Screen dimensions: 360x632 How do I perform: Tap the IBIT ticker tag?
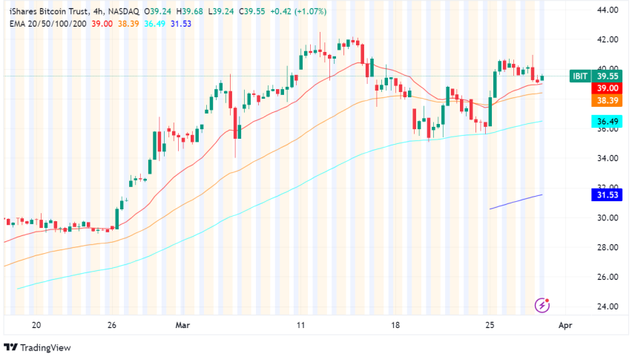(x=580, y=76)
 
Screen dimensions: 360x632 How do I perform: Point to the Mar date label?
(x=181, y=325)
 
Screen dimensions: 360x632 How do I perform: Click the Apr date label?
(x=564, y=325)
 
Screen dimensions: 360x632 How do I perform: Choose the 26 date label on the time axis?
(x=112, y=325)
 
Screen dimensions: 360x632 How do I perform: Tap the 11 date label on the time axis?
(x=301, y=325)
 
